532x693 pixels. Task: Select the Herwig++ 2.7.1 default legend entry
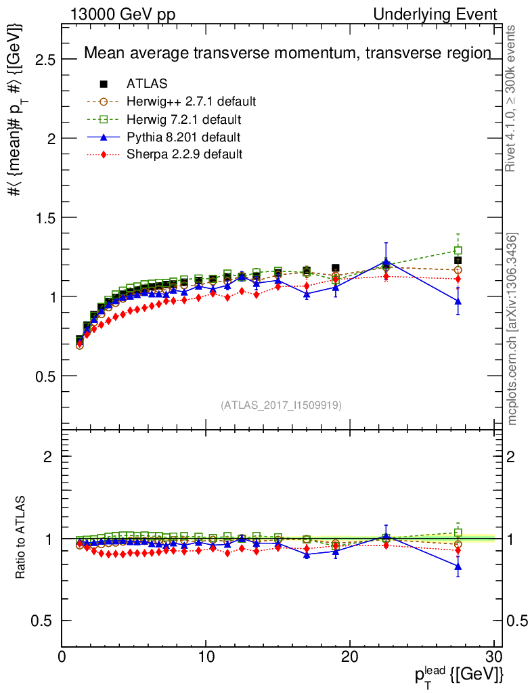pos(191,102)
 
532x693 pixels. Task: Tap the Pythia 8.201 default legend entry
pos(183,137)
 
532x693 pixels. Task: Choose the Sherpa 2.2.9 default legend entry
pos(184,154)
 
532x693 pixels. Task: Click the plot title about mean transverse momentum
pos(287,53)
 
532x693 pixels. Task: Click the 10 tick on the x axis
pos(206,656)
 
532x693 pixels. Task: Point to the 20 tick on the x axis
pos(350,656)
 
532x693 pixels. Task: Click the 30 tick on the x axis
pos(494,656)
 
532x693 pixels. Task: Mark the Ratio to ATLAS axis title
pos(21,538)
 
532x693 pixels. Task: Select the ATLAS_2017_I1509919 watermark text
pos(281,405)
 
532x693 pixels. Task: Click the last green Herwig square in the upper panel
pos(458,250)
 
